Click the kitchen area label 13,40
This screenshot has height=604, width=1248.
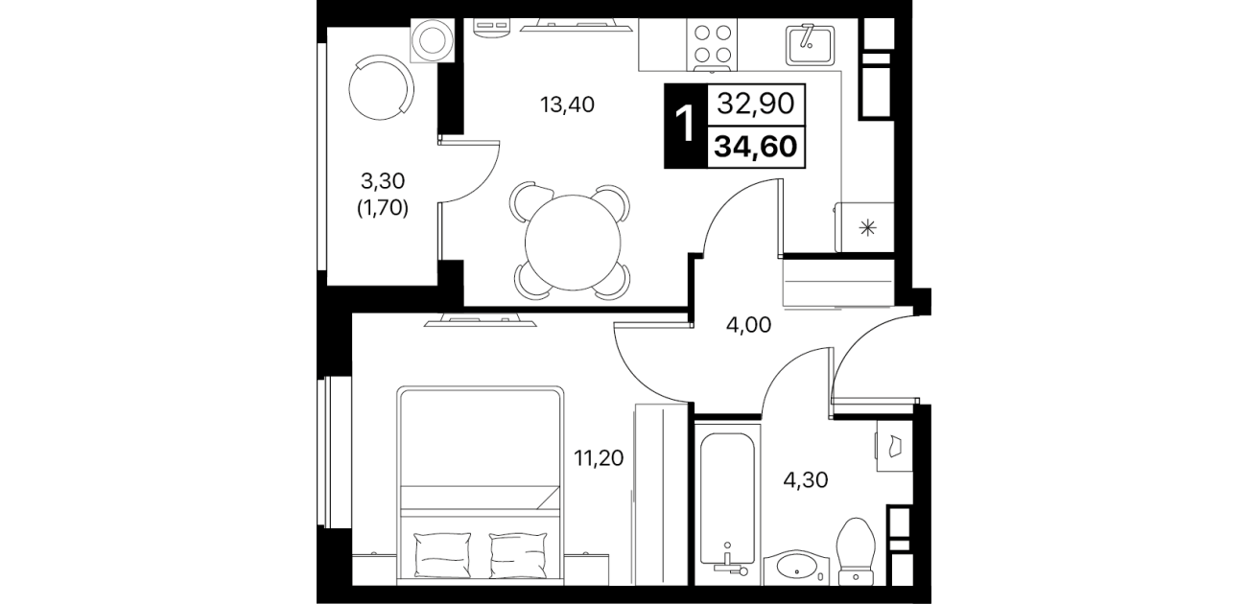[567, 105]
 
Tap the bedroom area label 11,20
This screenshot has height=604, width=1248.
[599, 458]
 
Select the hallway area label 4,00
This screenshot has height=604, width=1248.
[748, 325]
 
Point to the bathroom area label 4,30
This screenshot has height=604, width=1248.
[806, 479]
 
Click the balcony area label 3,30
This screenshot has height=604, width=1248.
[382, 180]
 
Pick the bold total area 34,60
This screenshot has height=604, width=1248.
[756, 147]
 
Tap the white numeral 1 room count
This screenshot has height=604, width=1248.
[685, 126]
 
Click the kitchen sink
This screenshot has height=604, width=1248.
[811, 43]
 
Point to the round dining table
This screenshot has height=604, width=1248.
[572, 243]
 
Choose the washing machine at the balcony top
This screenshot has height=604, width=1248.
[433, 40]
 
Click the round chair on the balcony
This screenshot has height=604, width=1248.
[382, 87]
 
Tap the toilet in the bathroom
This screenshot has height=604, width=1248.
[856, 551]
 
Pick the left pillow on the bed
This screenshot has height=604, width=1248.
[443, 555]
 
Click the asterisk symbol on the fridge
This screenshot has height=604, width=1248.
[867, 228]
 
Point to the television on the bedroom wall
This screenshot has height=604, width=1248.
[480, 320]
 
